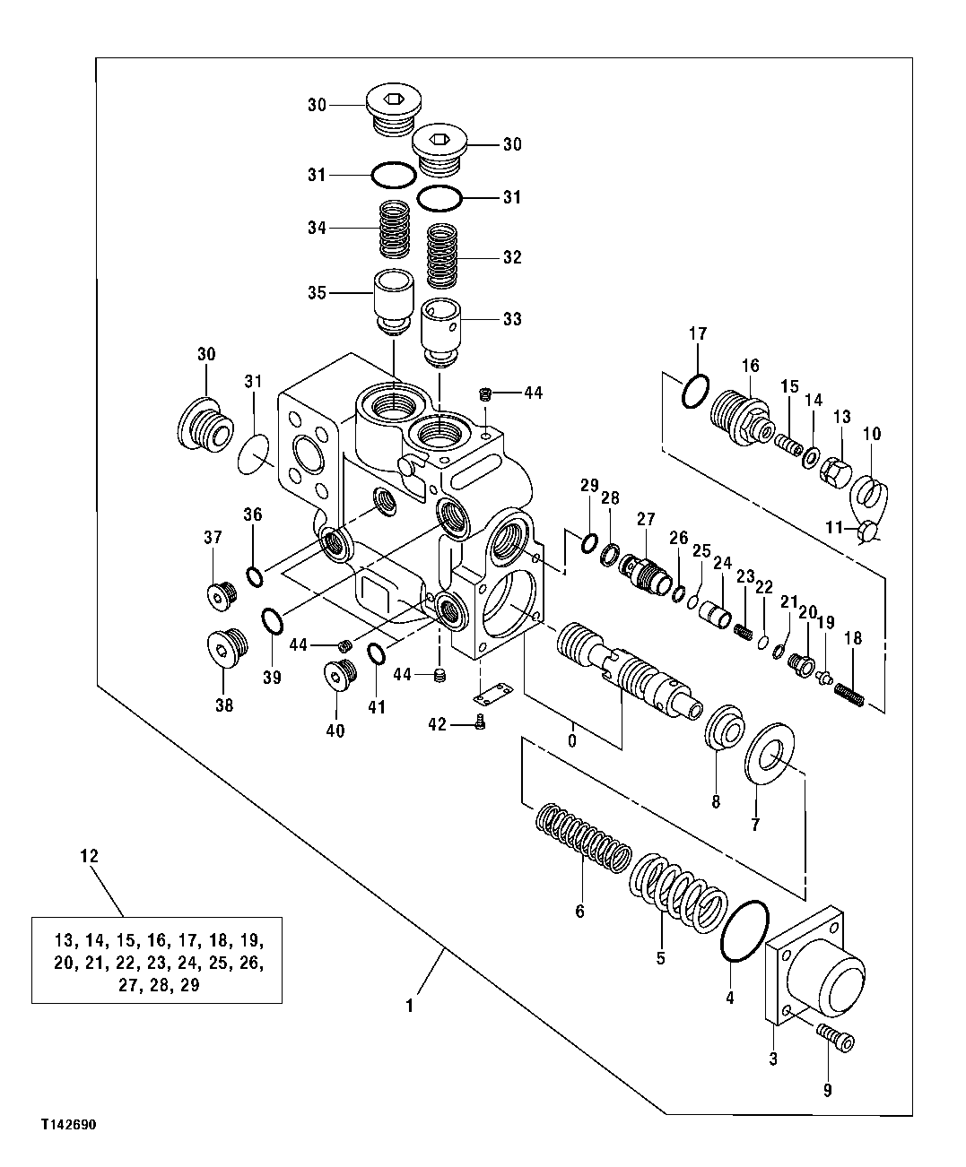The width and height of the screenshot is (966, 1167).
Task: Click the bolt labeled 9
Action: tap(836, 1040)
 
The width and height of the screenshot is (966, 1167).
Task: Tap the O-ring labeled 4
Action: tap(744, 931)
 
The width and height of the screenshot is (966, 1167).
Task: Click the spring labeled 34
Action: tap(391, 229)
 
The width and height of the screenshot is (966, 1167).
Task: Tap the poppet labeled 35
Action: tap(392, 301)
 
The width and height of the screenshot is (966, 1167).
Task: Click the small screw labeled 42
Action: tap(482, 722)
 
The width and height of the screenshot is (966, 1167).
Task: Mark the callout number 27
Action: tap(647, 518)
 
